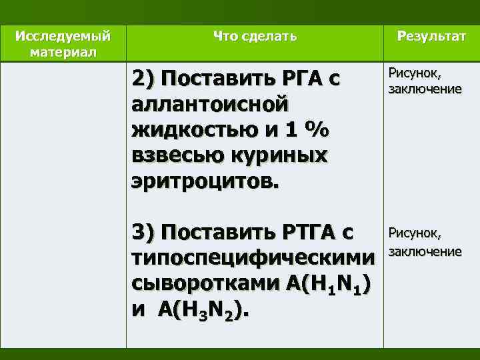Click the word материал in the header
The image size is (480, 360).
pyautogui.click(x=63, y=51)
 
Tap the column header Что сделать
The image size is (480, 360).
pyautogui.click(x=255, y=36)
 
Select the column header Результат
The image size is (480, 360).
pyautogui.click(x=431, y=36)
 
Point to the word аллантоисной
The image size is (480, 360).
pyautogui.click(x=211, y=105)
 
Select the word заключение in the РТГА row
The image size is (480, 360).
pyautogui.click(x=425, y=251)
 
